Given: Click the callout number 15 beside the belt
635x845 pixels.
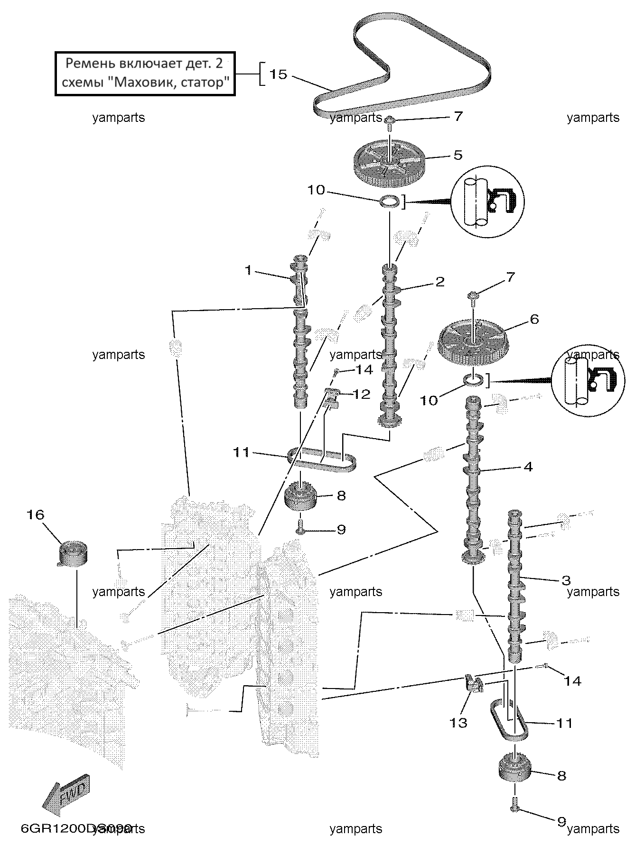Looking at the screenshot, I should click(279, 74).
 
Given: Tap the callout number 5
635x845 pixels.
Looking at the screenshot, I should click(458, 155).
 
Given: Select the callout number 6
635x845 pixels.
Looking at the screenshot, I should click(534, 319).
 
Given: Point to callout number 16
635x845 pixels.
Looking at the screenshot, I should click(36, 514).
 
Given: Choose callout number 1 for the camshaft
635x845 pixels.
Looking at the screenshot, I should click(248, 270).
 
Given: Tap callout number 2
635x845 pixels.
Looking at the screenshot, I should click(439, 282).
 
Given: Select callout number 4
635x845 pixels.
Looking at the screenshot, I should click(528, 467).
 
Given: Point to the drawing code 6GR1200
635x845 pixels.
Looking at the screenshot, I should click(59, 828).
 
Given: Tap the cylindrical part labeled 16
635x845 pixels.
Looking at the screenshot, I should click(74, 553).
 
